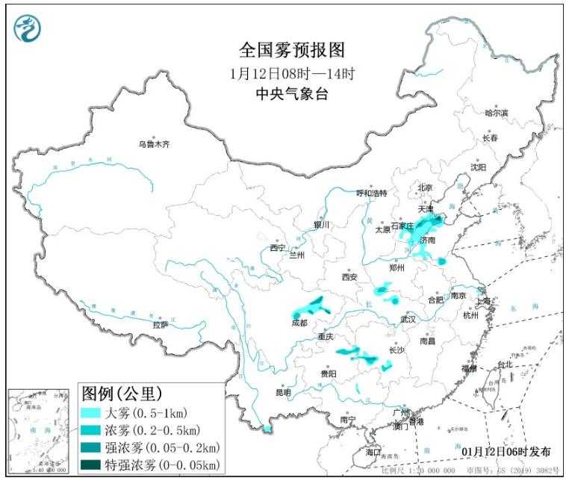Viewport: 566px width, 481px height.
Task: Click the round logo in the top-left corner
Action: (27, 28)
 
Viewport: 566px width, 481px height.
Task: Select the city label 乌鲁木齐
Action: (153, 143)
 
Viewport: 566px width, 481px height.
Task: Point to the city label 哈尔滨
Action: (496, 113)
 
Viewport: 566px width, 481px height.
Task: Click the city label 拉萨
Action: (161, 325)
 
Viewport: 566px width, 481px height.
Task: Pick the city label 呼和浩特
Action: (371, 193)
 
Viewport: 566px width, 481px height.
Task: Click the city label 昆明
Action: (284, 392)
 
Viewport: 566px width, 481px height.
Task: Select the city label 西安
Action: (350, 277)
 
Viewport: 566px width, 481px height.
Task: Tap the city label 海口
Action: (373, 453)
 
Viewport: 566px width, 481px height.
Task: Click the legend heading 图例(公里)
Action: (120, 392)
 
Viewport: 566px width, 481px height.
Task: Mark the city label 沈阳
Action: (477, 167)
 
